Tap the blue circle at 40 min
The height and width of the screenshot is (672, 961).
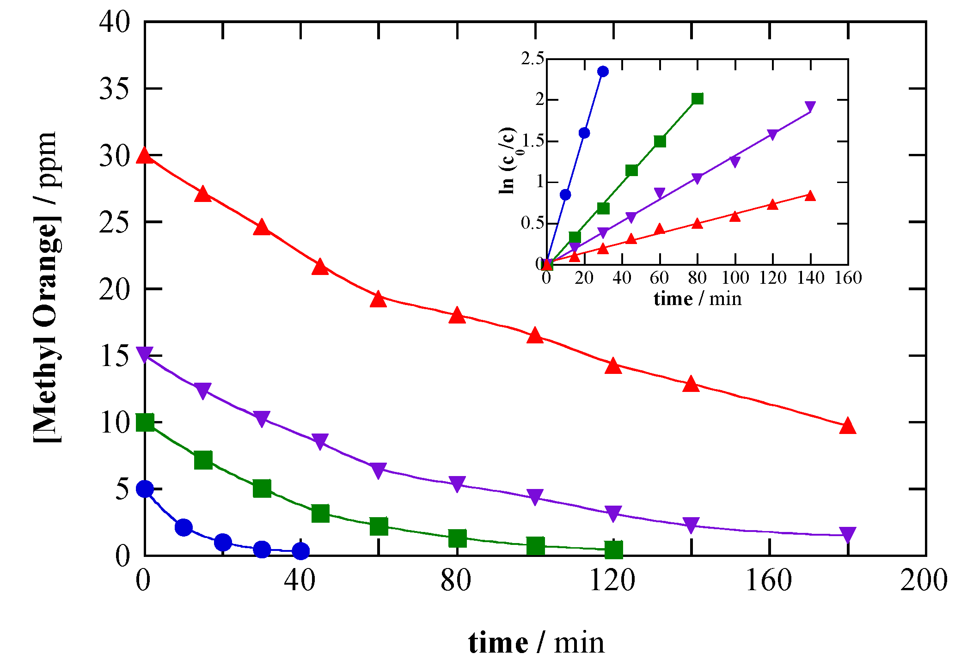click(301, 550)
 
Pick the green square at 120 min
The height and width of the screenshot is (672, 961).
click(613, 550)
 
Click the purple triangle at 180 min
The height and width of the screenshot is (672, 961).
click(848, 534)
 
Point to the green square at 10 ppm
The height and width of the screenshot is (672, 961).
click(145, 422)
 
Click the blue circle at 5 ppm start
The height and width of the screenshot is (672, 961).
click(145, 489)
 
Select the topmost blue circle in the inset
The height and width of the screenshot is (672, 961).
click(603, 72)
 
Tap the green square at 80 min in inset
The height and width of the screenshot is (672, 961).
click(698, 99)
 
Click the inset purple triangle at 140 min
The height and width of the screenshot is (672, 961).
click(810, 107)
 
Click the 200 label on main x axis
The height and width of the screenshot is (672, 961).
click(924, 580)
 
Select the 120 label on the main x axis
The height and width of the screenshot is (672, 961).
click(612, 580)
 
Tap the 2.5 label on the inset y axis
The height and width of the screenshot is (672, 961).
click(532, 59)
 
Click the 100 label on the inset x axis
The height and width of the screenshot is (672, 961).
click(735, 278)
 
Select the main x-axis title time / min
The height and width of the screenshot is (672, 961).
click(536, 643)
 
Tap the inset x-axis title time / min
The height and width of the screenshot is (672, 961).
click(698, 299)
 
